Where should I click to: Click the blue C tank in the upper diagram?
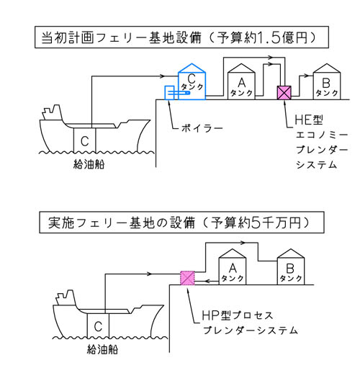pos(192,82)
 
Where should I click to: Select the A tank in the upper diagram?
pos(241,82)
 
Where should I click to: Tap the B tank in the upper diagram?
pos(327,82)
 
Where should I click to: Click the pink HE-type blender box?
pos(284,93)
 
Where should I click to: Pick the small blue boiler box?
pos(169,93)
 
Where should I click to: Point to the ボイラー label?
pos(202,128)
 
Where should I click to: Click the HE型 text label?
pos(309,120)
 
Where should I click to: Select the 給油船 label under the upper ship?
pos(89,165)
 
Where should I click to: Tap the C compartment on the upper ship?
pos(84,140)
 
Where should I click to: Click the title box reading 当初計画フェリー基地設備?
pos(181,37)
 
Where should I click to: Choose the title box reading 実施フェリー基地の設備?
pos(181,223)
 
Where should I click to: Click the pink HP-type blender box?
pos(187,278)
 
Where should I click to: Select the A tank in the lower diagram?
pos(233,267)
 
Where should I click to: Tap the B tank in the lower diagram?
pos(291,267)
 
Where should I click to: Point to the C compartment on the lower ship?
pos(98,326)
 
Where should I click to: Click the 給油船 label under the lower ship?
pos(102,350)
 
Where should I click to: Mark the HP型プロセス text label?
pos(238,315)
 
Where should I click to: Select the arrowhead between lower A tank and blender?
pos(208,281)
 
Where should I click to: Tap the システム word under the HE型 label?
pos(316,165)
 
